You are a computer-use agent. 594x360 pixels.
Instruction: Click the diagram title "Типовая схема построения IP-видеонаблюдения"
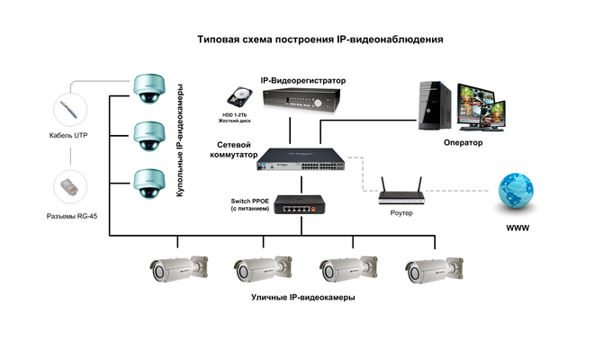[319, 40]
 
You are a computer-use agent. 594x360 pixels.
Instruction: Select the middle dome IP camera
[148, 134]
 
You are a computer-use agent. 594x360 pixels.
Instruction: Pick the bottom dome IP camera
[148, 183]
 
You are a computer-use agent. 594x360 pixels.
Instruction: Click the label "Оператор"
[463, 142]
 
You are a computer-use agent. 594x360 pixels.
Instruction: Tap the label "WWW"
[517, 229]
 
